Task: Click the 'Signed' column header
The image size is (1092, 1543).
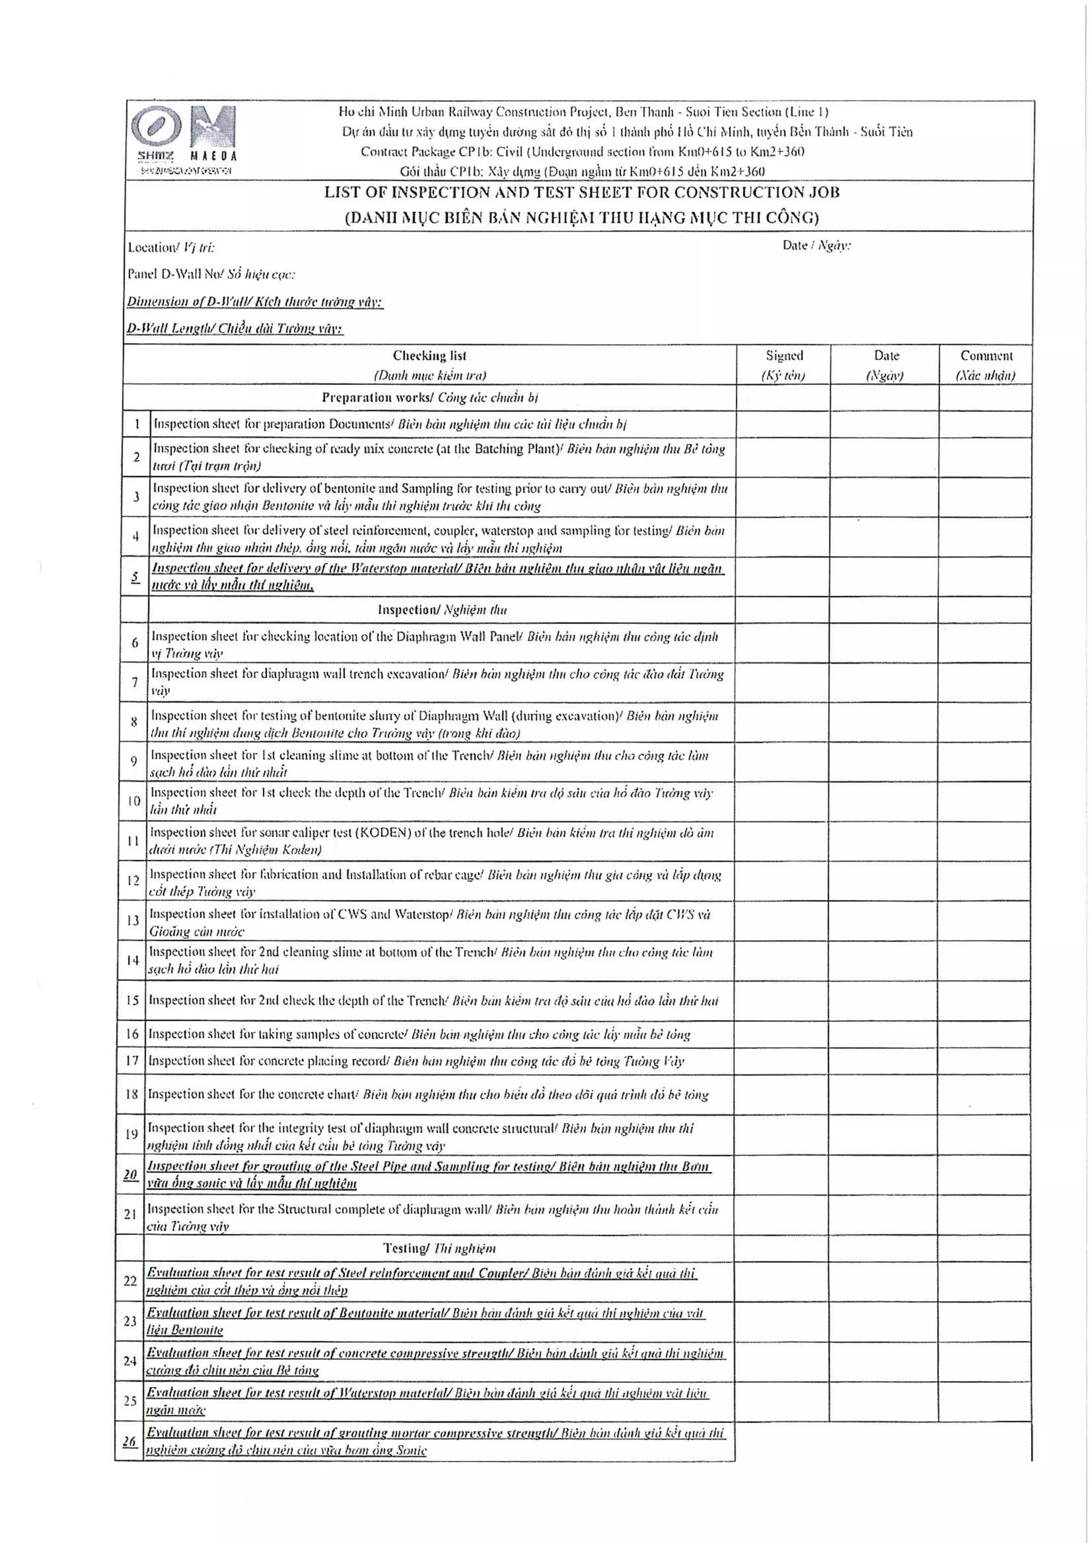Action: pyautogui.click(x=784, y=364)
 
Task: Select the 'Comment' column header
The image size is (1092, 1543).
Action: pyautogui.click(x=986, y=364)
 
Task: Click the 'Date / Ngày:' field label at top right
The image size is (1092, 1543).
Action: pyautogui.click(x=816, y=245)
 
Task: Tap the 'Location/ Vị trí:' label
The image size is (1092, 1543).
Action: pyautogui.click(x=171, y=247)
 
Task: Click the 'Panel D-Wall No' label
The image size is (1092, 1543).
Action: pyautogui.click(x=211, y=274)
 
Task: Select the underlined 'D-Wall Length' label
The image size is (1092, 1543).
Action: pyautogui.click(x=235, y=329)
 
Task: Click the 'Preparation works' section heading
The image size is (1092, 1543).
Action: pyautogui.click(x=430, y=397)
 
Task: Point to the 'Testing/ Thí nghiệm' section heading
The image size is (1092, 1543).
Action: pyautogui.click(x=439, y=1248)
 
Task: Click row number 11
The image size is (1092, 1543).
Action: pyautogui.click(x=133, y=841)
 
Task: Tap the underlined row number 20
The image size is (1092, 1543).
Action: pyautogui.click(x=131, y=1174)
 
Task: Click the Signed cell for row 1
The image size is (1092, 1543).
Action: pyautogui.click(x=783, y=424)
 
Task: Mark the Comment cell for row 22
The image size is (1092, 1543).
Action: pyautogui.click(x=986, y=1281)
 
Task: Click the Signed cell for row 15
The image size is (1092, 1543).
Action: pyautogui.click(x=783, y=1000)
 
